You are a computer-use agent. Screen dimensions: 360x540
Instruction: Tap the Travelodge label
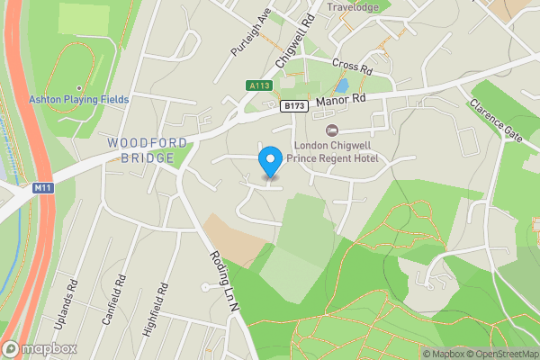(x=354, y=7)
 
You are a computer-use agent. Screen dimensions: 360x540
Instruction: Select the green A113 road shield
(x=258, y=86)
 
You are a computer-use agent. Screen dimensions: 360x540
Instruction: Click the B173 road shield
(x=290, y=106)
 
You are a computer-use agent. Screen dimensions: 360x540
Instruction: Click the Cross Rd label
(x=352, y=66)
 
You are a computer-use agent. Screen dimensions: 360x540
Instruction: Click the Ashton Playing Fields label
(x=78, y=99)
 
